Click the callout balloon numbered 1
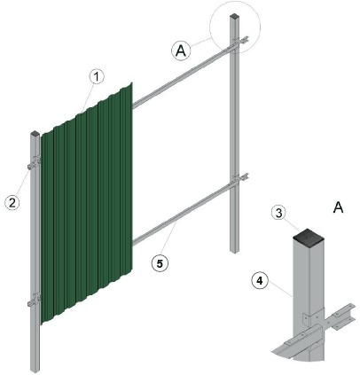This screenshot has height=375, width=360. pyautogui.click(x=97, y=77)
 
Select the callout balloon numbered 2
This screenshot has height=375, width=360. pyautogui.click(x=12, y=203)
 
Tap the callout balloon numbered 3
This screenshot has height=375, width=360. pyautogui.click(x=278, y=213)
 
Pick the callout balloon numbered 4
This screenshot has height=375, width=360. pyautogui.click(x=260, y=281)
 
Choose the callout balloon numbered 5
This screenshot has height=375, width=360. pyautogui.click(x=160, y=263)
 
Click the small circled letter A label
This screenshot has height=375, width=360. pyautogui.click(x=181, y=51)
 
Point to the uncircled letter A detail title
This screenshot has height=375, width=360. pyautogui.click(x=338, y=207)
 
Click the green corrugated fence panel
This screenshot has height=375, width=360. pyautogui.click(x=86, y=203)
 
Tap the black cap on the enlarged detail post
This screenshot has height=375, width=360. pyautogui.click(x=308, y=235)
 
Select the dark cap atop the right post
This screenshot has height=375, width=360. pyautogui.click(x=235, y=16)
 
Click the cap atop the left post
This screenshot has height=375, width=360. pyautogui.click(x=35, y=134)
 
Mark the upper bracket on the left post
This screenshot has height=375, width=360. pyautogui.click(x=35, y=163)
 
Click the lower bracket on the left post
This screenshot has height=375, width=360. pyautogui.click(x=35, y=301)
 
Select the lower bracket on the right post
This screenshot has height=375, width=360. pyautogui.click(x=240, y=178)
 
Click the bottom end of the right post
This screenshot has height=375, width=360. pyautogui.click(x=235, y=251)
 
